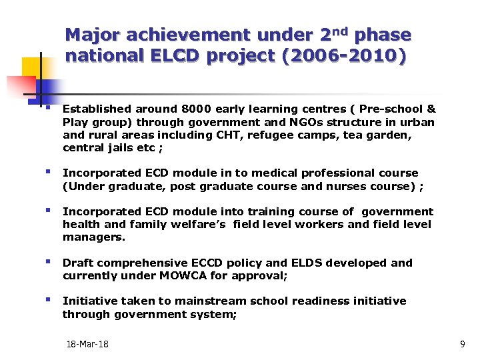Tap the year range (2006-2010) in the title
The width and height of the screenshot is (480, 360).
point(344,57)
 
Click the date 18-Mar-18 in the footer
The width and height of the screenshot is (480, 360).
point(87,345)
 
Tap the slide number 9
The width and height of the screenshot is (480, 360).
point(463,345)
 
